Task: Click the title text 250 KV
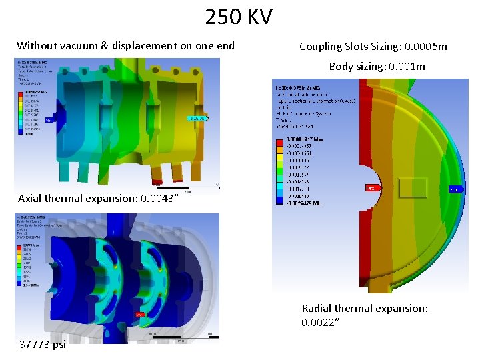point(239,16)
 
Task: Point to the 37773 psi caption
point(43,345)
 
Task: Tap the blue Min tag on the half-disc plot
point(456,189)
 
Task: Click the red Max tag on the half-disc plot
point(369,189)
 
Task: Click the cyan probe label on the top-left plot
point(198,119)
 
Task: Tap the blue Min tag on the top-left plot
point(49,121)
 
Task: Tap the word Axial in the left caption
point(31,198)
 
